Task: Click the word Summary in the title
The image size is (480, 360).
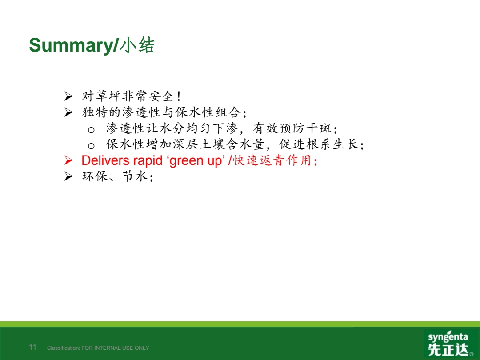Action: [71, 46]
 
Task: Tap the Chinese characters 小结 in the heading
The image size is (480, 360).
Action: [137, 46]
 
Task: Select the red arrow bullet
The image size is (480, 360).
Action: [68, 160]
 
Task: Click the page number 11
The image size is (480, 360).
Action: [32, 347]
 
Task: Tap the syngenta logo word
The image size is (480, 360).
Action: [448, 337]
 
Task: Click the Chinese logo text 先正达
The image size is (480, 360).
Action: [448, 349]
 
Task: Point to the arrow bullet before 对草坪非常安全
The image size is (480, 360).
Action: [68, 96]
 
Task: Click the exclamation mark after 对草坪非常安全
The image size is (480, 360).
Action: [179, 96]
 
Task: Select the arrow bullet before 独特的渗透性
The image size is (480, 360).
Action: [68, 112]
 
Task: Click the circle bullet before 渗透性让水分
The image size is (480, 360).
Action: [91, 130]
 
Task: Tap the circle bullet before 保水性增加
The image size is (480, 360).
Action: [91, 146]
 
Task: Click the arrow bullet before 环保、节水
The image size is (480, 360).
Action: [68, 176]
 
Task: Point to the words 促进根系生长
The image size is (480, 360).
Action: [318, 144]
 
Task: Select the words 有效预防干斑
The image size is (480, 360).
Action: [292, 128]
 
